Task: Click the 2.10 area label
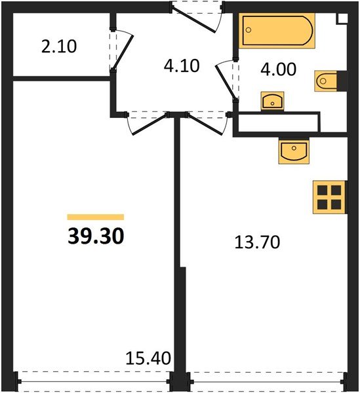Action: pyautogui.click(x=59, y=47)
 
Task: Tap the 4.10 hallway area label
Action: pyautogui.click(x=181, y=65)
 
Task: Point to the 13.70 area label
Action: pyautogui.click(x=257, y=243)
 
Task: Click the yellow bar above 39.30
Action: pyautogui.click(x=96, y=217)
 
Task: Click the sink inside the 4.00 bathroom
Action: pyautogui.click(x=272, y=101)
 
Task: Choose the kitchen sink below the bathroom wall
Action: pyautogui.click(x=294, y=151)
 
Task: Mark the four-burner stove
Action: pyautogui.click(x=329, y=196)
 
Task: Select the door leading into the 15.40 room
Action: pyautogui.click(x=147, y=122)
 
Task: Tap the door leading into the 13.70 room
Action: pyautogui.click(x=205, y=122)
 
